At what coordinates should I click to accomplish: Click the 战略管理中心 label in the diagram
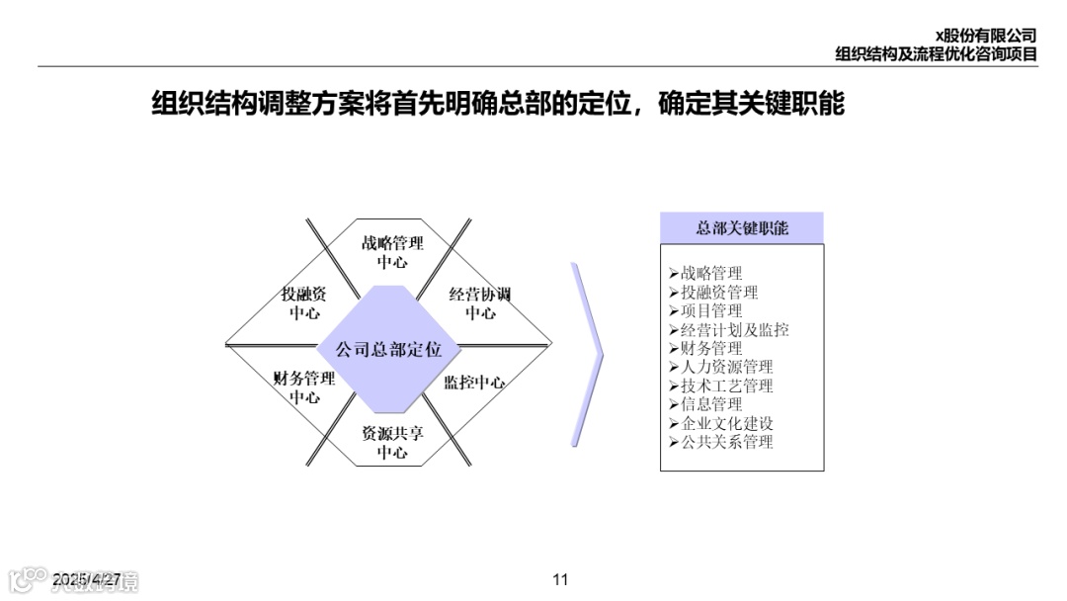coord(392,252)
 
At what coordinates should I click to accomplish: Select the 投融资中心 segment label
coord(304,302)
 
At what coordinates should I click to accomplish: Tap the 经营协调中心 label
coord(480,302)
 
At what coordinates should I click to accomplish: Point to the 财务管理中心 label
coord(304,386)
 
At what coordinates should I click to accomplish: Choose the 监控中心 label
coord(474,383)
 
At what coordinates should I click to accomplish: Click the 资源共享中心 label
coord(392,442)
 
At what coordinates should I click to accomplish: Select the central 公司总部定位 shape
coord(389,350)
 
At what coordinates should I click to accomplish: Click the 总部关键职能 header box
coord(741,228)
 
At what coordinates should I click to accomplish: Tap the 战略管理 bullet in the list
coord(711,274)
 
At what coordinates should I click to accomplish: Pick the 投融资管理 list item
coord(719,293)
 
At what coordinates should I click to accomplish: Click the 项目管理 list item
coord(711,311)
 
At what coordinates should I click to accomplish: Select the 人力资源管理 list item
coord(726,367)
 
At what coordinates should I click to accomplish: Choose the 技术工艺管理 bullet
coord(726,386)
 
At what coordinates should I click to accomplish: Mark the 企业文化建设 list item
coord(726,423)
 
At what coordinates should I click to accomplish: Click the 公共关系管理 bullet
coord(726,442)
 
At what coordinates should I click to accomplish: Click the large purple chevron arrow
coord(589,354)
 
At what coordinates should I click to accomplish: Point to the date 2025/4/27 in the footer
coord(87,578)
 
